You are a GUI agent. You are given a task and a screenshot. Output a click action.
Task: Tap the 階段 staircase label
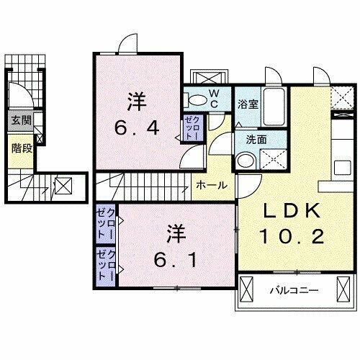(x=19, y=150)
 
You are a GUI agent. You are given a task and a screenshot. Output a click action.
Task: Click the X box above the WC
(x=208, y=77)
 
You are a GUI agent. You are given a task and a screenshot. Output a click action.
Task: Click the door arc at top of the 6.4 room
(x=128, y=43)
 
